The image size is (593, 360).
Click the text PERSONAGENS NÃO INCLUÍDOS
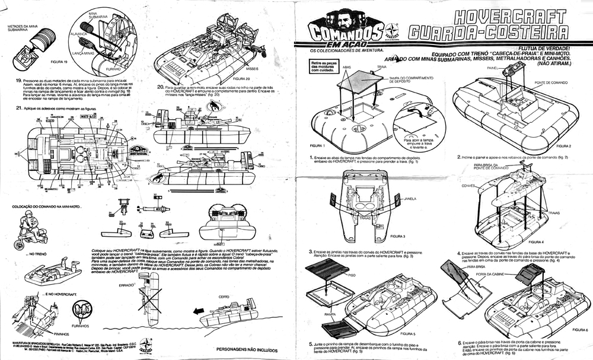point(251,349)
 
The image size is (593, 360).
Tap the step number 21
point(20,108)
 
